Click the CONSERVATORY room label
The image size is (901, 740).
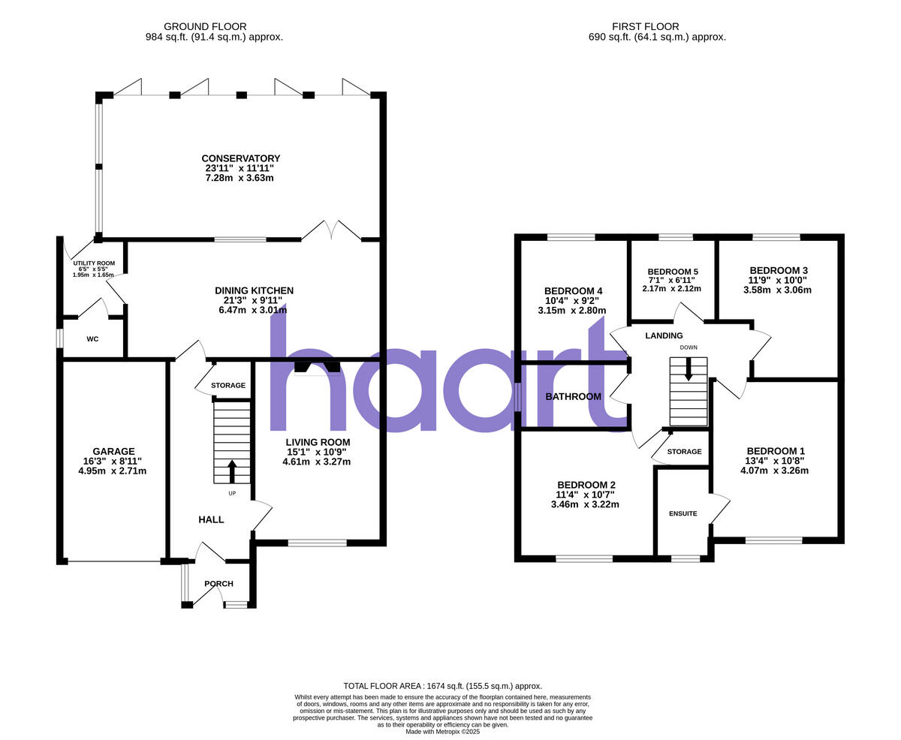click(x=240, y=158)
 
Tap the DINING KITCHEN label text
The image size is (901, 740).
click(x=254, y=290)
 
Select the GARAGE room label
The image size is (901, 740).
click(x=113, y=451)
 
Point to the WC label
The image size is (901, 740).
click(x=92, y=339)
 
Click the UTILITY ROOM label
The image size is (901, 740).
click(x=94, y=263)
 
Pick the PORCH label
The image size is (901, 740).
click(x=218, y=584)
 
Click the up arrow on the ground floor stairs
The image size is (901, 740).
click(x=231, y=471)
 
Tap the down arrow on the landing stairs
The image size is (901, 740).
click(x=688, y=368)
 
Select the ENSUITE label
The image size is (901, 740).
click(x=683, y=513)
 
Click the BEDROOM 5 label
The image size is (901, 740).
click(x=672, y=272)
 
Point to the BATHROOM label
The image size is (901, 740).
click(x=573, y=396)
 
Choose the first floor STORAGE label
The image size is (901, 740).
click(x=684, y=452)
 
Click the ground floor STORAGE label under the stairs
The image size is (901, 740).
click(x=228, y=386)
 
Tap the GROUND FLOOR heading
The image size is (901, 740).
click(x=205, y=26)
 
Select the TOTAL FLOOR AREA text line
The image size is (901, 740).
click(x=442, y=686)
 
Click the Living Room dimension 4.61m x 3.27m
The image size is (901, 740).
click(x=316, y=462)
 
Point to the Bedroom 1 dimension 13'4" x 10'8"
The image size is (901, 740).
click(x=774, y=461)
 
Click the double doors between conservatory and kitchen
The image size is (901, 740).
click(x=331, y=230)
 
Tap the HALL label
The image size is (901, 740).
click(x=211, y=519)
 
